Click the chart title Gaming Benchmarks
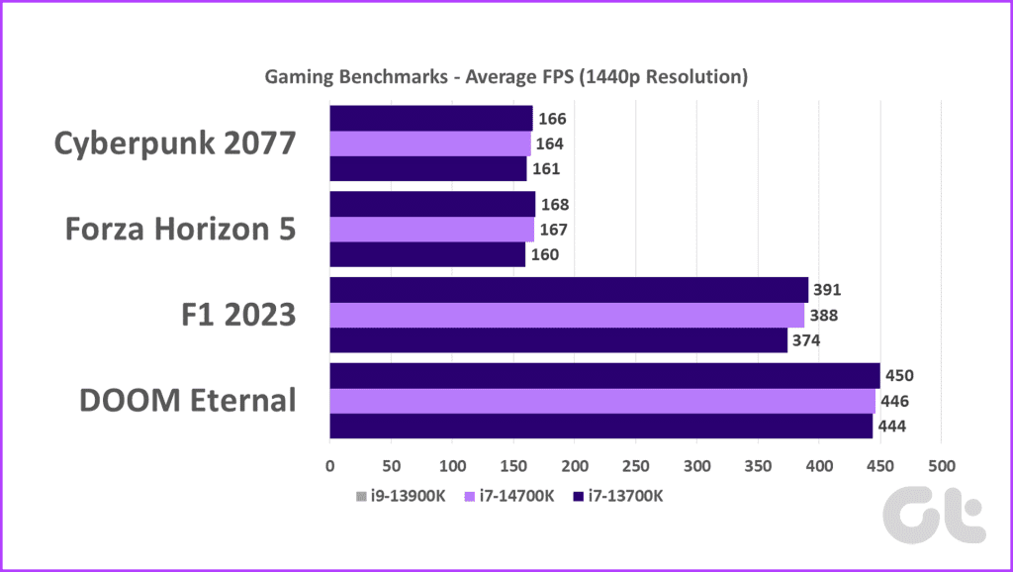click(506, 76)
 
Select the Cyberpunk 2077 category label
click(174, 143)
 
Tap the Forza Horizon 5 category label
click(181, 230)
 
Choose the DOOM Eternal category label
click(188, 401)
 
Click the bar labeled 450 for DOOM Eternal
click(604, 375)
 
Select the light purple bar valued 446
click(602, 401)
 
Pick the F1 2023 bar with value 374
click(558, 340)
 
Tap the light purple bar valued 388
click(567, 315)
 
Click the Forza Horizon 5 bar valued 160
click(427, 254)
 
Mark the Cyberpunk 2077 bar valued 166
click(431, 119)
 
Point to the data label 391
click(824, 291)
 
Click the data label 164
click(550, 143)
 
